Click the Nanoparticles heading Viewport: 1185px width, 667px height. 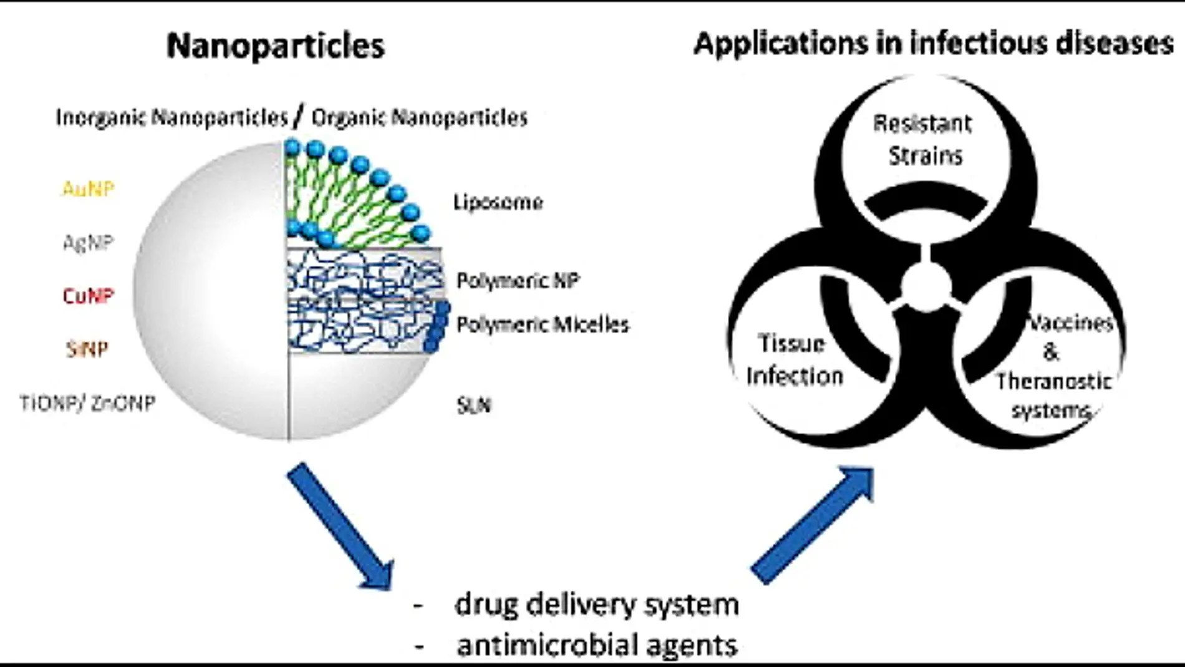pos(276,46)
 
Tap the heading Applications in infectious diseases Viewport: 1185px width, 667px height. pos(933,44)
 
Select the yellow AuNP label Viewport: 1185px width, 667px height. pos(88,188)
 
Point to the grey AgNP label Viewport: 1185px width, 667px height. pos(88,242)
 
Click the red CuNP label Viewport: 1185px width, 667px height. pos(88,295)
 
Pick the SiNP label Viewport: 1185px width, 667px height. pos(87,349)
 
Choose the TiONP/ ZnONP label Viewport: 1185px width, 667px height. pos(87,403)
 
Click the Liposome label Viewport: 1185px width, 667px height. pos(498,202)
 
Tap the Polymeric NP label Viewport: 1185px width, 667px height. pos(518,280)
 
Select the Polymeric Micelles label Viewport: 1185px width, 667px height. pos(543,324)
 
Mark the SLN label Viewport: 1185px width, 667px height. pos(473,406)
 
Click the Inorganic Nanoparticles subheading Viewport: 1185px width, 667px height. pos(172,117)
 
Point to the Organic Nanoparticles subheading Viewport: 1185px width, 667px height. pos(420,117)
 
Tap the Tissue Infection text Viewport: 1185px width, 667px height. pos(794,360)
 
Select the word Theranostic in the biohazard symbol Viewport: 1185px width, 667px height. pos(1053,381)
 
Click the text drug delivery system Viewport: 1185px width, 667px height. pos(596,605)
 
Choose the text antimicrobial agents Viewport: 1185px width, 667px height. pos(596,645)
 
